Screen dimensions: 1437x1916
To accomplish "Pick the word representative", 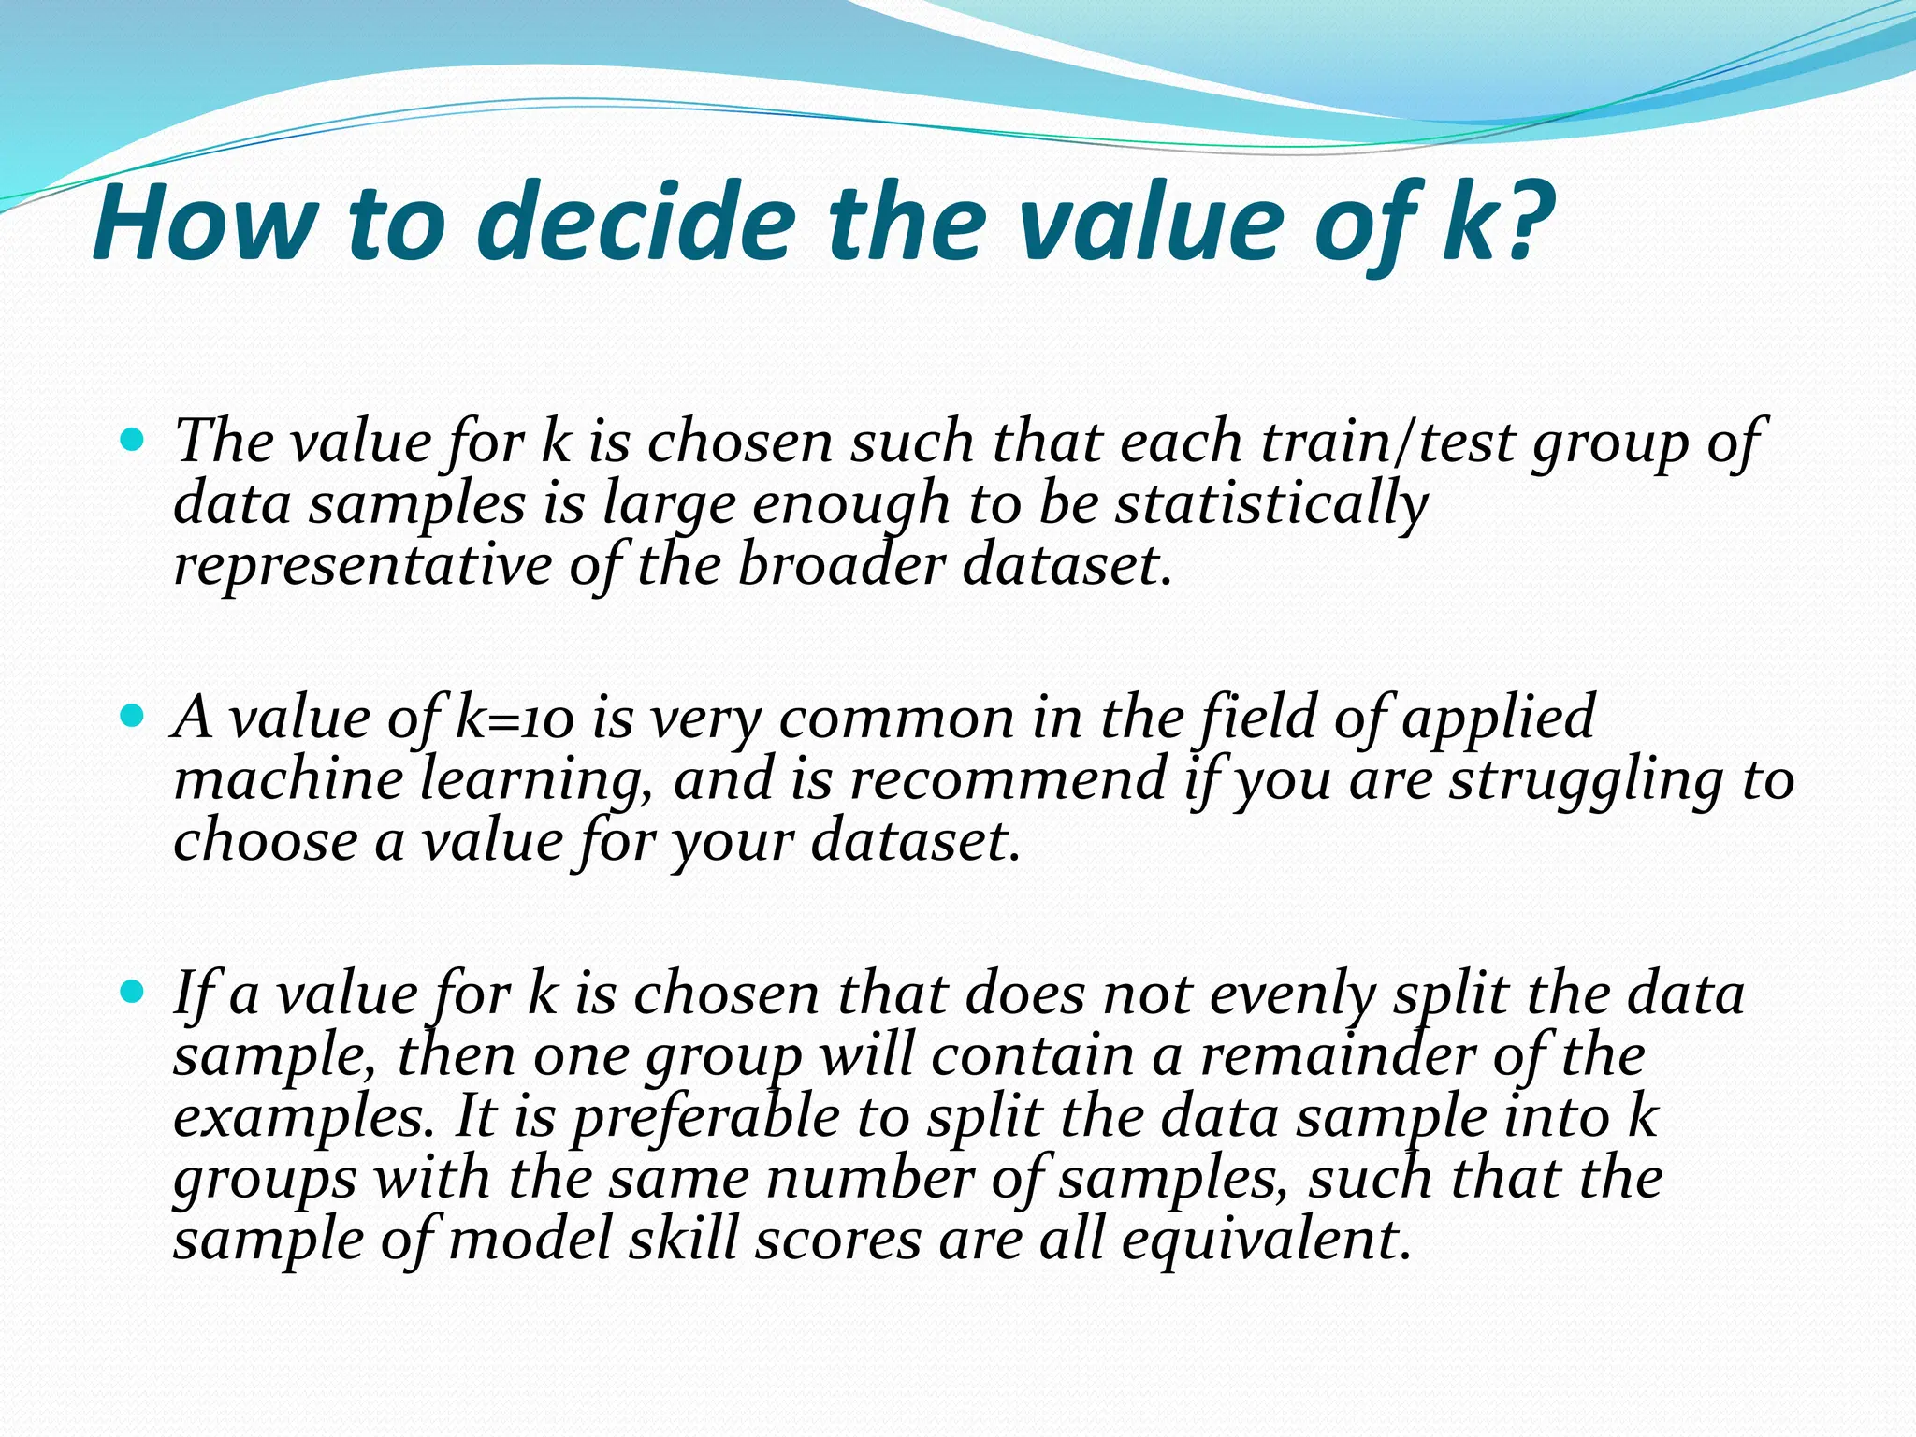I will tap(363, 566).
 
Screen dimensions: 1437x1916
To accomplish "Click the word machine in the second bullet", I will tap(288, 779).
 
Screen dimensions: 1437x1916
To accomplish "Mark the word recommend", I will tap(1007, 779).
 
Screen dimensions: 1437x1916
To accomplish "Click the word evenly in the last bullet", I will tap(1292, 994).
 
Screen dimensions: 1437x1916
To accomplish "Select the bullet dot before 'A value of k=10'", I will tap(133, 717).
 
